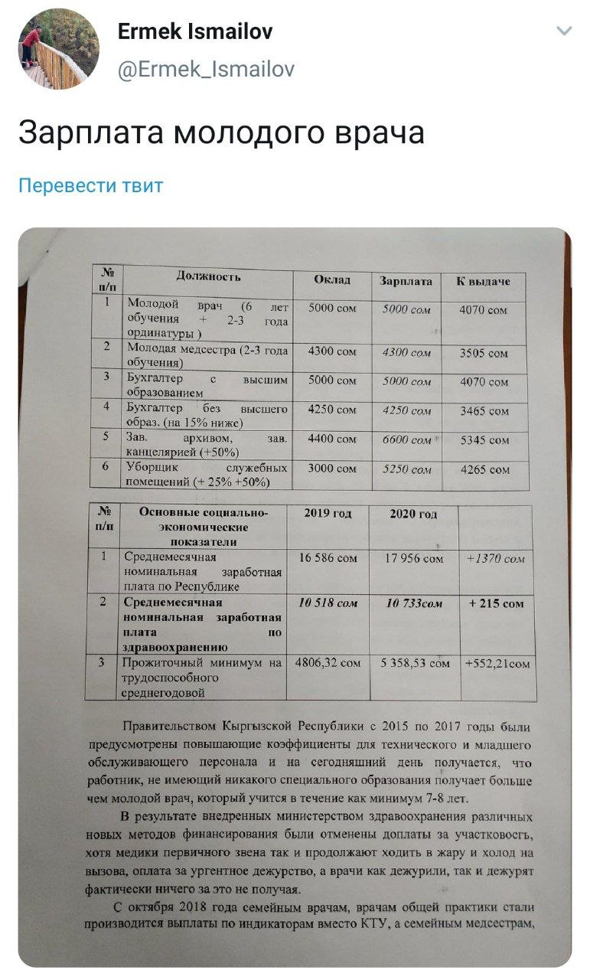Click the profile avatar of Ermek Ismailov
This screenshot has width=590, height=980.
coord(59,49)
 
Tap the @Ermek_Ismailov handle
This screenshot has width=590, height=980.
coord(205,70)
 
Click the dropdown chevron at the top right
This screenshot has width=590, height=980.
coord(564,31)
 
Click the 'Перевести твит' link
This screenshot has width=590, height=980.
coord(90,185)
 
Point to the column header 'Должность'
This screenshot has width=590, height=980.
coord(208,276)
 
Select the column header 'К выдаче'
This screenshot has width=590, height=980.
coord(483,282)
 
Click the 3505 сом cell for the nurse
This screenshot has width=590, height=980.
coord(484,354)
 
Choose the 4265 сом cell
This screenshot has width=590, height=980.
coord(484,470)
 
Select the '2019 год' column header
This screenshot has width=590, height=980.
coord(328,514)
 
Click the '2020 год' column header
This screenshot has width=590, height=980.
coord(413,514)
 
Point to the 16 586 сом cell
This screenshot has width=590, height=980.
coord(328,558)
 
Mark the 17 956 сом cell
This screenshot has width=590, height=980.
coord(412,558)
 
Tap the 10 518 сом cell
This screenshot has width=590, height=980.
coord(328,603)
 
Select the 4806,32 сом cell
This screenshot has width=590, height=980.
coord(328,663)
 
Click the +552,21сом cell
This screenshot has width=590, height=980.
coord(497,664)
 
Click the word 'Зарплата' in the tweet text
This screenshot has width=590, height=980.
coord(90,132)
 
